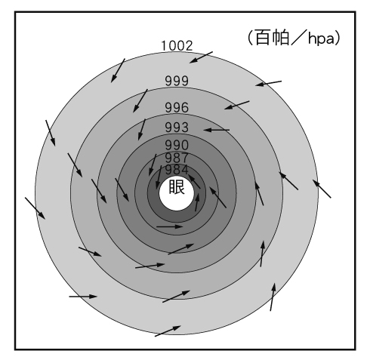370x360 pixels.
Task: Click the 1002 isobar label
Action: point(177,46)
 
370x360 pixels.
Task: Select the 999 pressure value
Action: point(177,81)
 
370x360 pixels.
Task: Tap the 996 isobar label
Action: point(177,108)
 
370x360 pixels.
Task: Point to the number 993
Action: point(177,128)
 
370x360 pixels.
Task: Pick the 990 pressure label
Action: point(177,145)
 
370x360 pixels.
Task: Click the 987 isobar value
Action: point(177,158)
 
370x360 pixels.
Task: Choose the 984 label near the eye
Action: point(177,170)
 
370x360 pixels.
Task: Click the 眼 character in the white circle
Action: point(177,186)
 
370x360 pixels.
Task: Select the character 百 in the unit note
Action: point(263,38)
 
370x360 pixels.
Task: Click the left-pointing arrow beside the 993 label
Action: point(217,130)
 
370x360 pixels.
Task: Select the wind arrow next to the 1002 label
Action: point(201,57)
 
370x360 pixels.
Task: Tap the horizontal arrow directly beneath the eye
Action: point(169,226)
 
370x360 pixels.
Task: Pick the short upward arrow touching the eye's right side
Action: point(197,202)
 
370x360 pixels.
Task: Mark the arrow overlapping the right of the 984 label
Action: point(194,182)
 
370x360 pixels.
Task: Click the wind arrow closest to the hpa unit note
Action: point(268,83)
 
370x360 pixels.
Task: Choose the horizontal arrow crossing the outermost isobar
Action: point(83,297)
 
